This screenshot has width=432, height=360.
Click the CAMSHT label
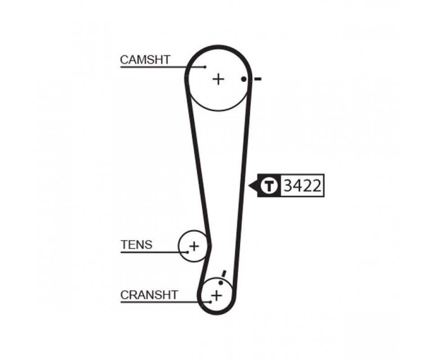click(x=145, y=60)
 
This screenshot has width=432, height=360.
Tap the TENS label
click(x=136, y=245)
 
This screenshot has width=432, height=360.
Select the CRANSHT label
click(x=149, y=295)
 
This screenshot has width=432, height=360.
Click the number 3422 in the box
click(x=302, y=186)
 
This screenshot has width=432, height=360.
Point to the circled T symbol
click(x=269, y=186)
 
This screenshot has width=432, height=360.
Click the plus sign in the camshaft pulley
click(x=218, y=79)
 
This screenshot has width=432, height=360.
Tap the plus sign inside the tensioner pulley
click(x=194, y=246)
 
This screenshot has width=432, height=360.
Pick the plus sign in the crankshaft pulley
click(x=216, y=296)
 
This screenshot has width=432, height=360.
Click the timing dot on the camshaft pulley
click(x=243, y=79)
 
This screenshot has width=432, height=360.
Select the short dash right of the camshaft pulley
click(x=257, y=79)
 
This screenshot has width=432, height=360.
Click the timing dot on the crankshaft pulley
click(x=220, y=283)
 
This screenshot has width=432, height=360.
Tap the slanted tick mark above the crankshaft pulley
click(x=224, y=274)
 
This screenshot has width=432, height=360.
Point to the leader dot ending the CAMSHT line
click(x=205, y=67)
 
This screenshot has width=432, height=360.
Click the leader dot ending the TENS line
click(x=188, y=252)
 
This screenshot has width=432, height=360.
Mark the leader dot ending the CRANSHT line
click(x=211, y=302)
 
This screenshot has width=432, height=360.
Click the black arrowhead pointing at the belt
click(x=253, y=185)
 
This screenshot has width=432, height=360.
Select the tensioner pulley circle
click(x=179, y=246)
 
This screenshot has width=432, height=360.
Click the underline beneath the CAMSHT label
click(x=162, y=67)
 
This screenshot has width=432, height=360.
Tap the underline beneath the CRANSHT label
click(x=165, y=302)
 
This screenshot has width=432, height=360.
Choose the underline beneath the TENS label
click(x=154, y=252)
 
